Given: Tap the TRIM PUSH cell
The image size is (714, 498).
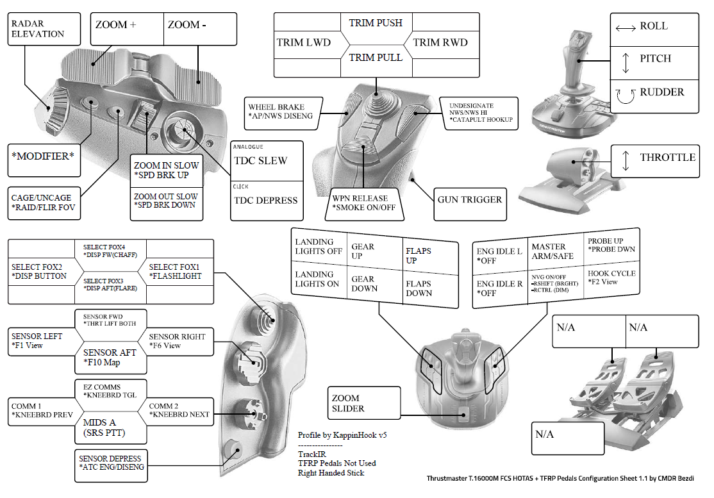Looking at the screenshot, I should click(x=376, y=23).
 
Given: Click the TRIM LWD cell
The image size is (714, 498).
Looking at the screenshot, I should click(x=304, y=43).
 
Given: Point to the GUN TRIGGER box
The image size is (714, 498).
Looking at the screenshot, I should click(x=469, y=200).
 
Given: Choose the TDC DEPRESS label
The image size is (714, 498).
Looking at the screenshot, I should click(x=265, y=201).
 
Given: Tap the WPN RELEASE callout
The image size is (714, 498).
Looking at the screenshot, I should click(x=363, y=203).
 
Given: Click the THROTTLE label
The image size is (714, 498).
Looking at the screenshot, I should click(x=667, y=158).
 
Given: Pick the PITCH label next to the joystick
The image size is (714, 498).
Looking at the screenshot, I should click(x=654, y=59).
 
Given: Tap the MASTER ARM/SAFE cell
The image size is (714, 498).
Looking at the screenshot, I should click(x=549, y=251).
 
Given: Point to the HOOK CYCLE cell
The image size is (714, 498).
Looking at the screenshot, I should click(x=611, y=277).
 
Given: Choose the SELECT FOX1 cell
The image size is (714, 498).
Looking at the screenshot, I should click(x=180, y=271).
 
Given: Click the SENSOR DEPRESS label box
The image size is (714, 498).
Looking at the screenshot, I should click(x=112, y=463).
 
